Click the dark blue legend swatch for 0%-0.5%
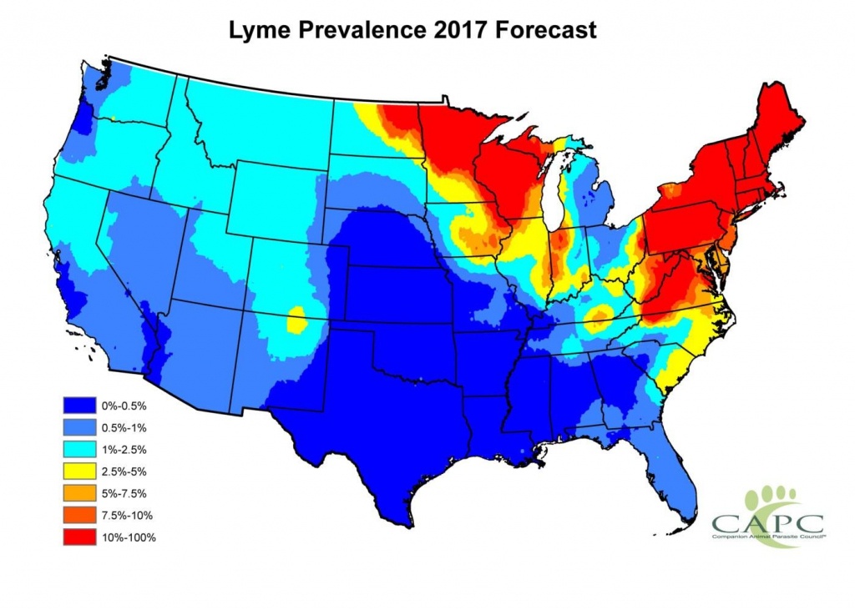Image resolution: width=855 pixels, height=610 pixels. coord(76,404)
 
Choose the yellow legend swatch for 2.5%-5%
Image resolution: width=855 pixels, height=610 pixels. coord(76,471)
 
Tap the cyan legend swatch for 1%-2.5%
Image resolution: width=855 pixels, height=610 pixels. coord(76,448)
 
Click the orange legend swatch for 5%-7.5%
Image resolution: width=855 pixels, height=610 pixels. coord(76,493)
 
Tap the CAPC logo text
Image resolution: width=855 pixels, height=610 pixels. coord(766,524)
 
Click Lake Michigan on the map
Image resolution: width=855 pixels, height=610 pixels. coord(555,200)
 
